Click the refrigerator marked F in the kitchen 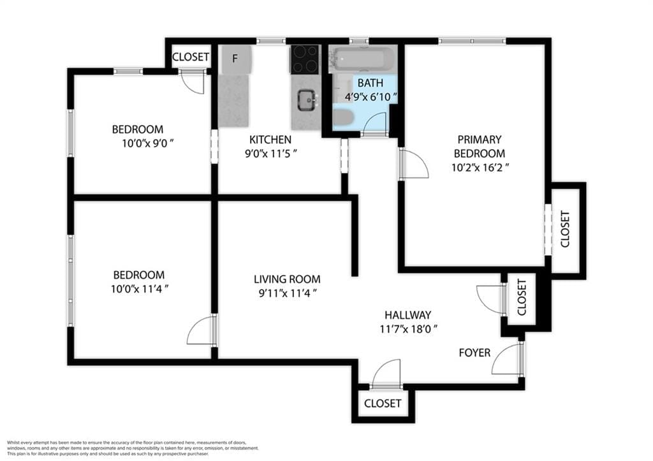[x=235, y=59]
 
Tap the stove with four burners [x=305, y=59]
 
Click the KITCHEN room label [x=270, y=140]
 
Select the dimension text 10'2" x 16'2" [x=479, y=168]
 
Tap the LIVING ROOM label [x=287, y=279]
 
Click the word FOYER [x=475, y=353]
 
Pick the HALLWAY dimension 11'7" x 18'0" [x=407, y=329]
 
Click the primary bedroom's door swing [x=413, y=165]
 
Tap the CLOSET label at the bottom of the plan [x=383, y=403]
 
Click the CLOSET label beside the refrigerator [x=191, y=57]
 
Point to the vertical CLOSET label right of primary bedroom [x=564, y=229]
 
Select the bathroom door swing [x=374, y=124]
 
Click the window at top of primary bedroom [x=472, y=41]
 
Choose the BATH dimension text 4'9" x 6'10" [x=370, y=97]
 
